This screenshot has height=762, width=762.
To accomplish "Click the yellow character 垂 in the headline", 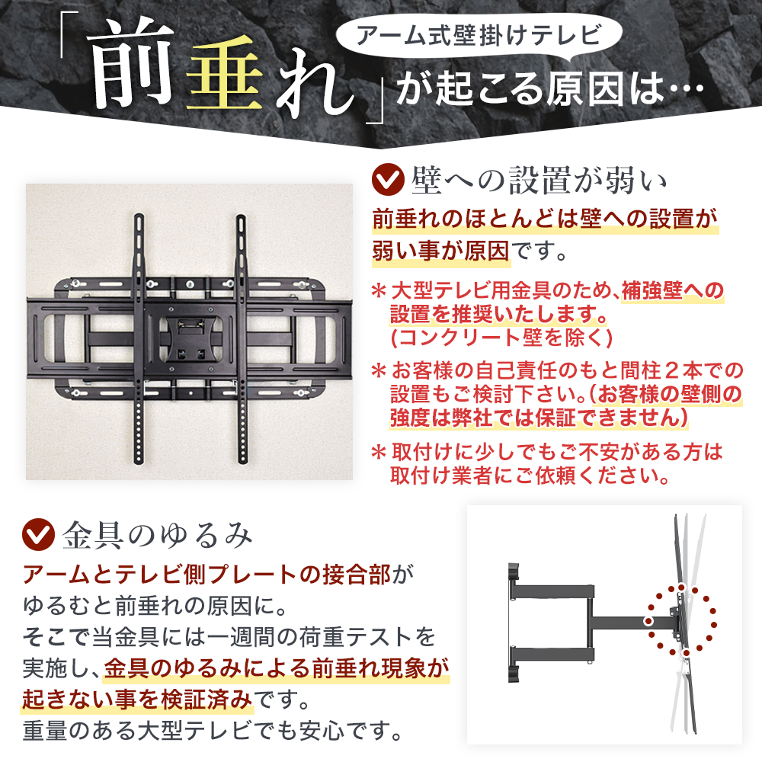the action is [x=225, y=74].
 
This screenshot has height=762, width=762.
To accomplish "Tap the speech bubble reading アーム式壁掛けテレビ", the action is [x=479, y=37].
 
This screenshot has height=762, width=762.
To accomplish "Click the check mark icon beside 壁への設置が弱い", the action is [x=388, y=179].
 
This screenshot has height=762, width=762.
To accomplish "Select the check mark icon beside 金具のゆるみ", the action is [x=38, y=534].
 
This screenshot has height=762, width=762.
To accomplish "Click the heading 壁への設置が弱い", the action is [x=539, y=181].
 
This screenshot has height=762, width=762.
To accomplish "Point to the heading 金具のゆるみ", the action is [x=158, y=535].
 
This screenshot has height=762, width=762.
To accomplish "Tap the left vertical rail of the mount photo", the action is [x=139, y=338].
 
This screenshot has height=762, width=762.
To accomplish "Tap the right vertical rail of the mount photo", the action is [x=242, y=338].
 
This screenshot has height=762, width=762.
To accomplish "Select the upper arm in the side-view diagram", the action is [x=552, y=591].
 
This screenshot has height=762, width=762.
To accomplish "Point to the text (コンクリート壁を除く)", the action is [x=501, y=338].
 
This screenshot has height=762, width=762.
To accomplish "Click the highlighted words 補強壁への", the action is [x=673, y=291].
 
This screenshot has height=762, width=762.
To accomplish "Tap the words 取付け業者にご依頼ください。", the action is [x=530, y=475].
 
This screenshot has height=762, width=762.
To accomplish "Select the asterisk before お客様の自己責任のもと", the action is [x=379, y=371].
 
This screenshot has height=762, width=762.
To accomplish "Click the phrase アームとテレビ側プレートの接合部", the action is [x=207, y=575].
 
